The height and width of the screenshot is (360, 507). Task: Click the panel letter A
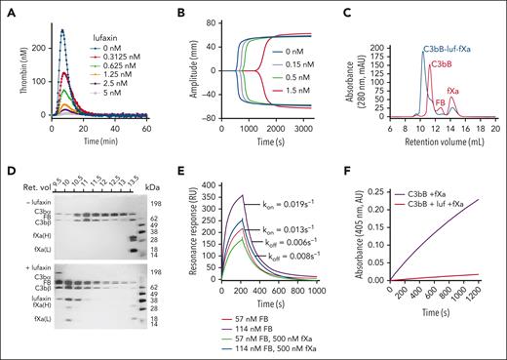(x=7, y=7)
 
